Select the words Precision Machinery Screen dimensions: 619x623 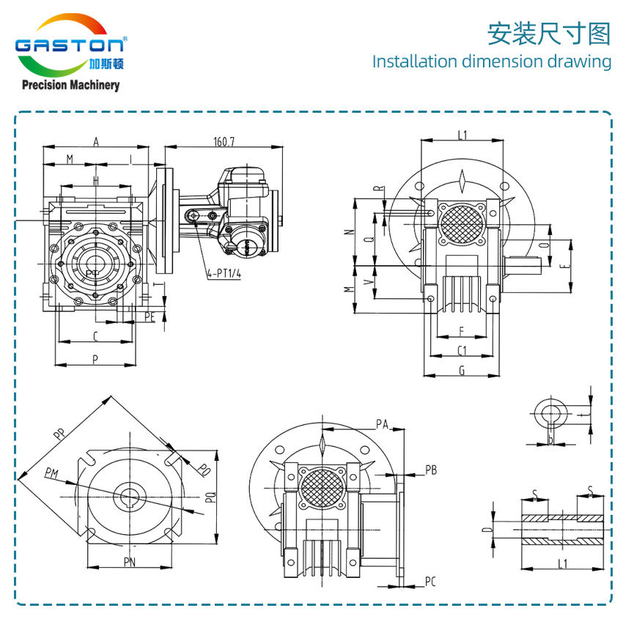click(70, 86)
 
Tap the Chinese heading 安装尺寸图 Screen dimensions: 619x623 click(549, 34)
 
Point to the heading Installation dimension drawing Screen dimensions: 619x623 click(491, 62)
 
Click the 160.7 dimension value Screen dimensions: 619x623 click(224, 141)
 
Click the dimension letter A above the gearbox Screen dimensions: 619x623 click(96, 142)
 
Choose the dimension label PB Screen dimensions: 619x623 click(431, 470)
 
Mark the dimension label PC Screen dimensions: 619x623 click(430, 582)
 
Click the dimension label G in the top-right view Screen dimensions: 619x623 click(462, 371)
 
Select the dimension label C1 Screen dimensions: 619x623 click(462, 349)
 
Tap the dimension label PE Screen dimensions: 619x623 click(150, 316)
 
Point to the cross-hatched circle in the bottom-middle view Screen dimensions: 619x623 click(322, 486)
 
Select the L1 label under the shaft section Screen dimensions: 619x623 click(562, 563)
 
